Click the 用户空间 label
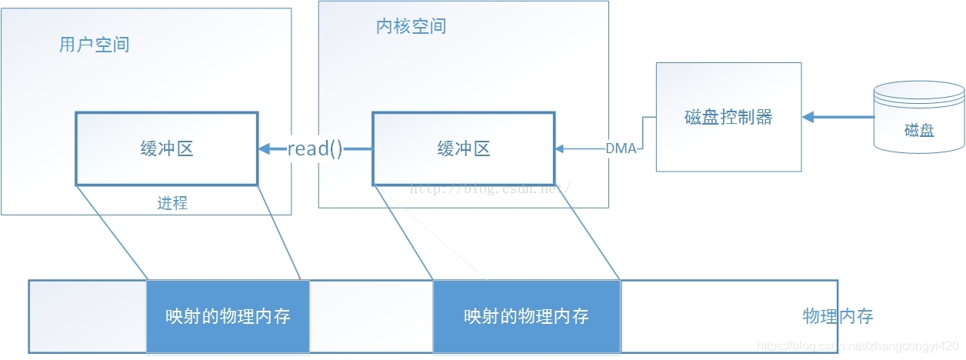[x=94, y=45]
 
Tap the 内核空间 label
[x=411, y=26]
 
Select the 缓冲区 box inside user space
[x=166, y=148]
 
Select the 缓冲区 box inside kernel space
[x=463, y=148]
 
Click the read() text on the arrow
[x=315, y=148]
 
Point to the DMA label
[x=621, y=148]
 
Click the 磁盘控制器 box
[x=728, y=117]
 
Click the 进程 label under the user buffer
[x=172, y=203]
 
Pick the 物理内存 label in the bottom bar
[x=838, y=316]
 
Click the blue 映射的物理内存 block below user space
[x=228, y=316]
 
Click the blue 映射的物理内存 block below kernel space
[x=526, y=316]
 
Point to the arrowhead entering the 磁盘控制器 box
[x=808, y=117]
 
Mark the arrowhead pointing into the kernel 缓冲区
[x=560, y=148]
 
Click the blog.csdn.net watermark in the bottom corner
[x=858, y=347]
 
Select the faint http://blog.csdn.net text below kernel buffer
[x=489, y=187]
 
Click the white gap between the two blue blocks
[x=371, y=316]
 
